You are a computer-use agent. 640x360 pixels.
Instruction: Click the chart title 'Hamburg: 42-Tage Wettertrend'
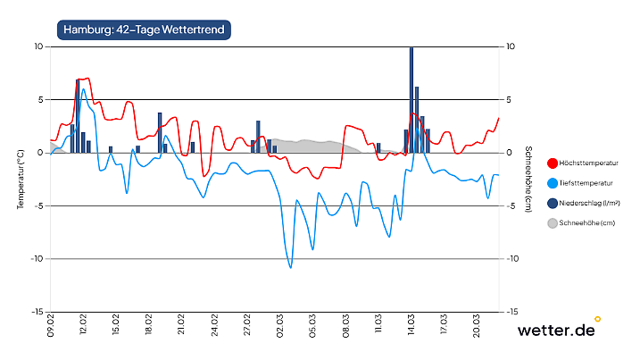(x=145, y=29)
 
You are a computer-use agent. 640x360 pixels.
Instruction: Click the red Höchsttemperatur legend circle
(x=552, y=163)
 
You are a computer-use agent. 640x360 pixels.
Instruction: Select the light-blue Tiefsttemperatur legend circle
(x=552, y=182)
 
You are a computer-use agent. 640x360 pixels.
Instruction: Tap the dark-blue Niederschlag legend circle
(x=552, y=203)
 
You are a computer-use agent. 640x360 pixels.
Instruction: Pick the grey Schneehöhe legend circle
(x=552, y=223)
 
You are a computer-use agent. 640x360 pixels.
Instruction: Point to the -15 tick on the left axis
(x=37, y=312)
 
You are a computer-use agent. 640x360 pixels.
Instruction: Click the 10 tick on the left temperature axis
(x=39, y=46)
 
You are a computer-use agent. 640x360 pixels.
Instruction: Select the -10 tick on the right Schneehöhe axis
(x=511, y=259)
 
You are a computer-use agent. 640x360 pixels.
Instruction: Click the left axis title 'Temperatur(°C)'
(x=20, y=180)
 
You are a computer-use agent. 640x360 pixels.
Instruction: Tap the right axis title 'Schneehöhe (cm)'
(x=528, y=180)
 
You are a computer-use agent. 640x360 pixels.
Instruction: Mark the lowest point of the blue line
(x=290, y=267)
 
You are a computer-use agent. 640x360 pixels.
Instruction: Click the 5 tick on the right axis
(x=508, y=99)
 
